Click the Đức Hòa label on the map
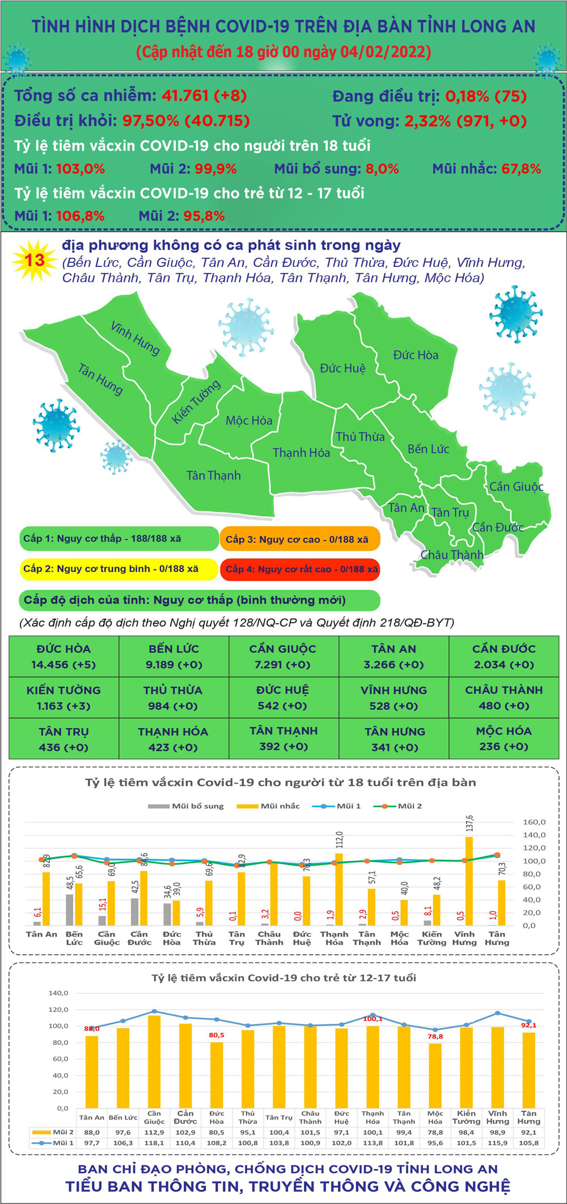[x=416, y=355]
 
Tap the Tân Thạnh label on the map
[x=213, y=475]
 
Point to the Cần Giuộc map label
[x=516, y=487]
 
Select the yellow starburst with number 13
[x=35, y=261]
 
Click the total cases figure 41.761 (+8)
[x=204, y=96]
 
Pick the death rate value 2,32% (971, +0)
[x=465, y=121]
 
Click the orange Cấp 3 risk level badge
[x=299, y=539]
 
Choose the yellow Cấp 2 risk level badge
[x=118, y=569]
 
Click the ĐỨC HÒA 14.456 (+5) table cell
[x=64, y=657]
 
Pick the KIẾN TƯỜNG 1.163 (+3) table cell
[x=64, y=698]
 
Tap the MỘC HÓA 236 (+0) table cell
[x=503, y=739]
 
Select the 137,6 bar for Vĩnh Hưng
[x=469, y=881]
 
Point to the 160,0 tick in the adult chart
[x=534, y=822]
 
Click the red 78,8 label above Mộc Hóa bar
[x=435, y=1036]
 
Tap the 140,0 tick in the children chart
[x=58, y=993]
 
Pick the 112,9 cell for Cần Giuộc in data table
[x=154, y=1132]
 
